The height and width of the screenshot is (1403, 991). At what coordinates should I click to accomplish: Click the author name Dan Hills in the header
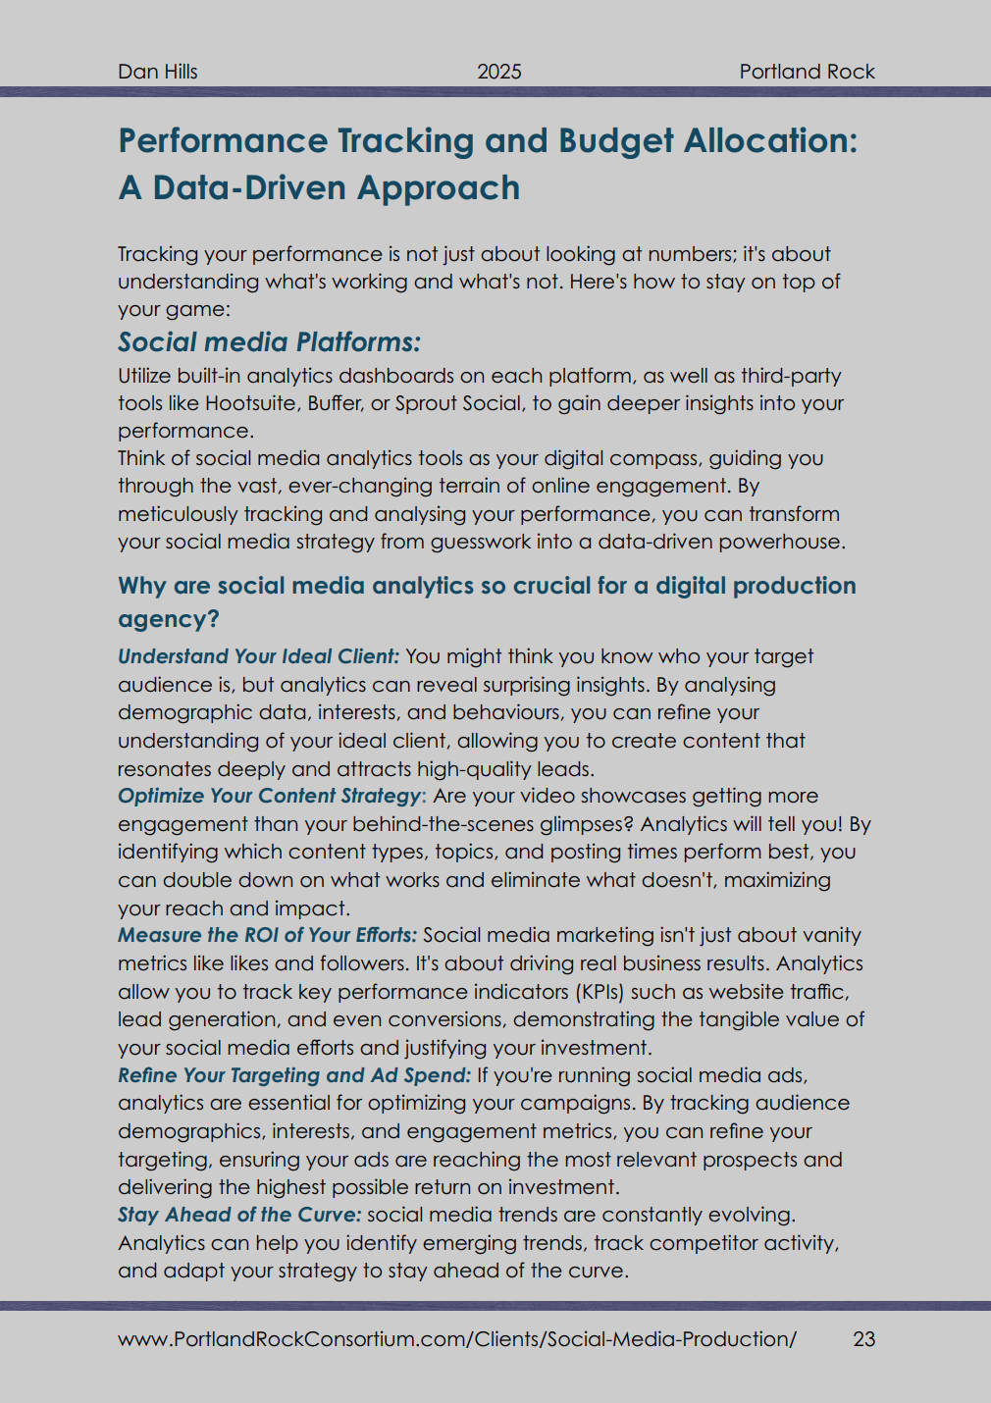coord(158,72)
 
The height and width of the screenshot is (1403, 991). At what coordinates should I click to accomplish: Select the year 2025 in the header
coord(499,72)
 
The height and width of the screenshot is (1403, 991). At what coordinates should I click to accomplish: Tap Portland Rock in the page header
coord(807,72)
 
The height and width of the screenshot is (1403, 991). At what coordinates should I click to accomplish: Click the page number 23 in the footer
coord(863,1339)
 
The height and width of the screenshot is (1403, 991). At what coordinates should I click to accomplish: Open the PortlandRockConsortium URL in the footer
coord(457,1339)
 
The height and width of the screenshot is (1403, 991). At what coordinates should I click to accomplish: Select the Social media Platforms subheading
coord(269,342)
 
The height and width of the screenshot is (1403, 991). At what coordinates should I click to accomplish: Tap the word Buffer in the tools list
coord(334,403)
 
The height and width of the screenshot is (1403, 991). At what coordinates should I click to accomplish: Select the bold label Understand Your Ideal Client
coord(258,656)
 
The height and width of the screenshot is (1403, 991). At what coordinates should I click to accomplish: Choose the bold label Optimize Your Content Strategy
coord(270,796)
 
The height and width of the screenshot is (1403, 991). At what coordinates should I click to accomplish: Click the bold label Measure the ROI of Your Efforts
coord(267,935)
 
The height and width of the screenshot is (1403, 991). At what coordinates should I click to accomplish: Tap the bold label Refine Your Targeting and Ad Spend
coord(294,1075)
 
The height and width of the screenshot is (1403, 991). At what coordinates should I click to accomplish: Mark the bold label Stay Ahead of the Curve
coord(239,1215)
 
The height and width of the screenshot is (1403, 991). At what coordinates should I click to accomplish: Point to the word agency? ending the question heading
coord(169,619)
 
